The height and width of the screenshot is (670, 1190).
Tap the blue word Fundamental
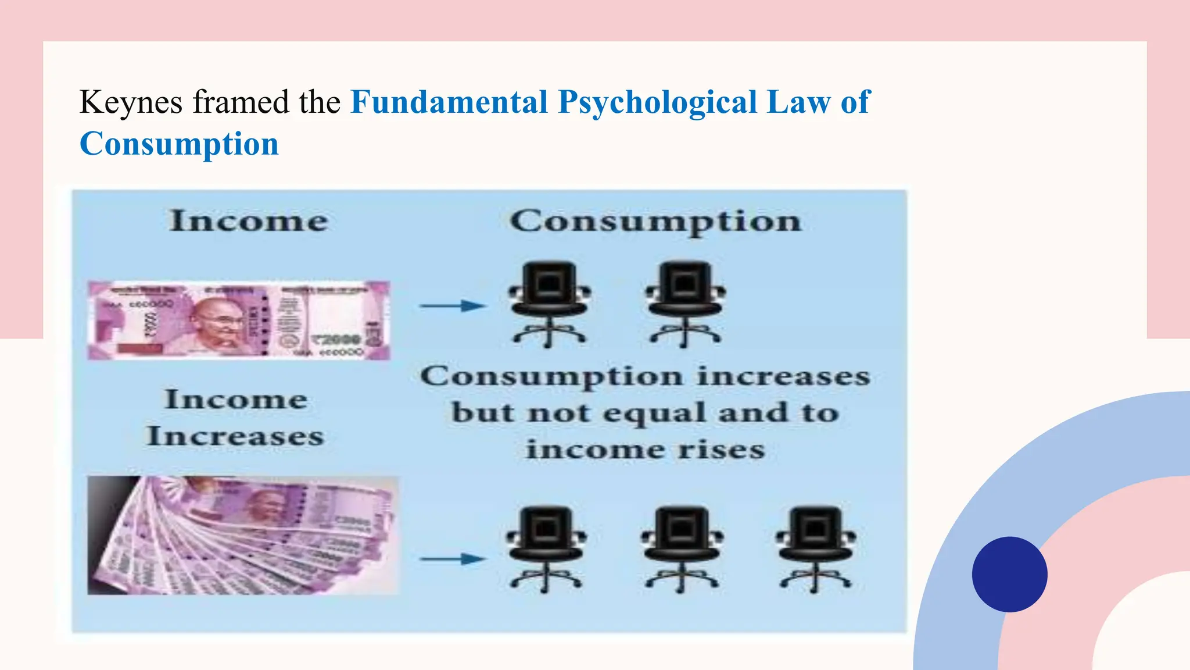click(x=449, y=103)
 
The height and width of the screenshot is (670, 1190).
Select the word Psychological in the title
click(x=658, y=103)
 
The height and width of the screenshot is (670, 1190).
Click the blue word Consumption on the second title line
click(x=179, y=144)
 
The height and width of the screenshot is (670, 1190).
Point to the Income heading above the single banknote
click(x=249, y=222)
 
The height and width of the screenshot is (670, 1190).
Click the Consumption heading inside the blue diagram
click(x=655, y=222)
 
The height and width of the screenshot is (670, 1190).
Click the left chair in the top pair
click(x=549, y=304)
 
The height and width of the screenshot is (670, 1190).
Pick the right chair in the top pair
click(x=686, y=304)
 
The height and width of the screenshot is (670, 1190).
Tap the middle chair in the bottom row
click(x=682, y=549)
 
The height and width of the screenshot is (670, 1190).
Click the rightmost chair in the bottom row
click(x=815, y=549)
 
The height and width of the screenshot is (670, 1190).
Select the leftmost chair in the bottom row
click(x=546, y=549)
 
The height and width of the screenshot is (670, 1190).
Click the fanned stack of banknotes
click(x=243, y=536)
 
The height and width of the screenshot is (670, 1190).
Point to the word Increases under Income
click(x=235, y=437)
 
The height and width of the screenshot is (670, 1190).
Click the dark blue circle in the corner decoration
click(x=1009, y=574)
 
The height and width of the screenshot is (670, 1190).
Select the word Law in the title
click(x=798, y=103)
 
